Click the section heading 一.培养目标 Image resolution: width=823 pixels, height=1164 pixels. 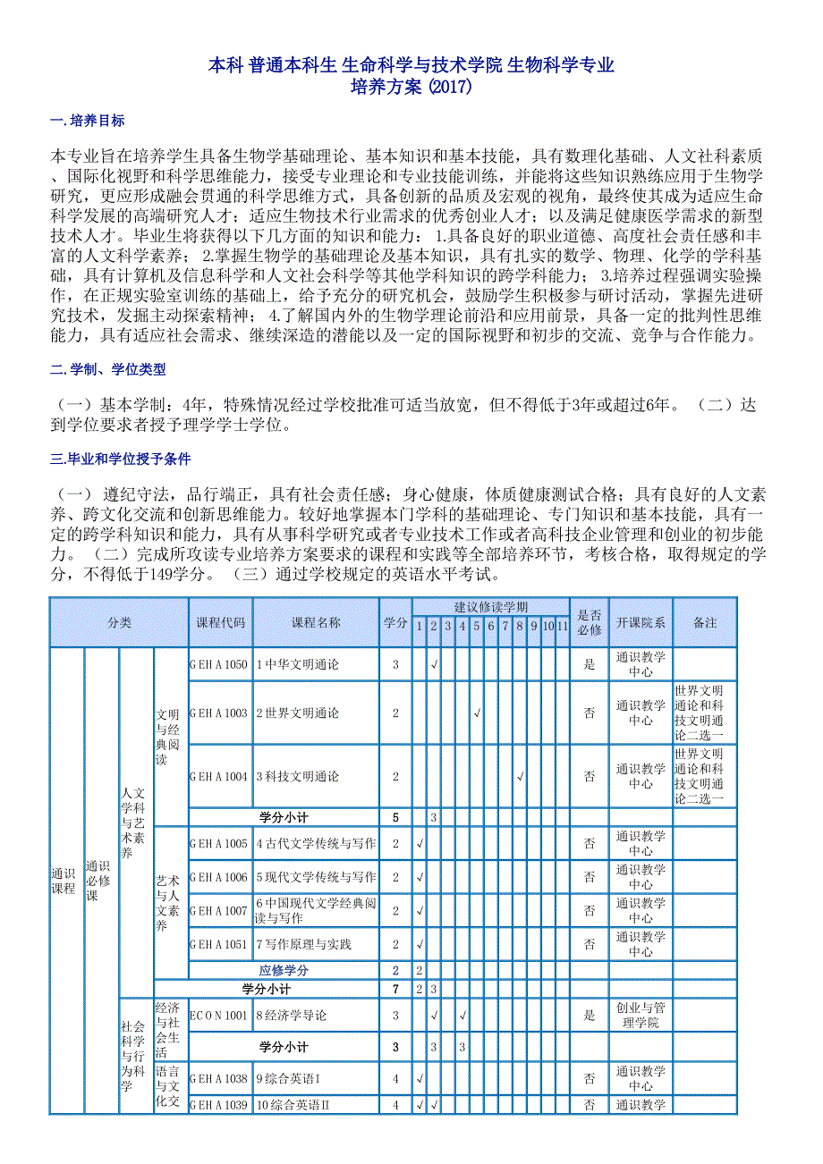tap(88, 121)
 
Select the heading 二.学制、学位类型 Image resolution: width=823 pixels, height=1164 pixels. tap(107, 368)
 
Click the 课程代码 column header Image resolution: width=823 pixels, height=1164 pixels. tap(220, 623)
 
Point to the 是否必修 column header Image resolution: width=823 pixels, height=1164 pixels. tap(589, 623)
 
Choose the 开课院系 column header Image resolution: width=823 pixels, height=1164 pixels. tap(641, 623)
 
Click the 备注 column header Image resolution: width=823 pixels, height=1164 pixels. tap(705, 623)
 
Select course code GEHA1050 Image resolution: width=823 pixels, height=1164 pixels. tap(219, 665)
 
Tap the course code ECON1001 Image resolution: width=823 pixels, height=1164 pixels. tap(219, 1016)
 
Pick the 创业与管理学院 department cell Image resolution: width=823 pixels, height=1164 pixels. tap(641, 1016)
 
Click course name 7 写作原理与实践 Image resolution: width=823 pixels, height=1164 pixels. tap(304, 944)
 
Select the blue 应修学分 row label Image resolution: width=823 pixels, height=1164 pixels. tap(284, 970)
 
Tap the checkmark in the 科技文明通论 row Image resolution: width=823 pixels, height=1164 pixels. tap(519, 776)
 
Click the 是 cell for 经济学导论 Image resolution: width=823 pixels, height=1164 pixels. tap(589, 1016)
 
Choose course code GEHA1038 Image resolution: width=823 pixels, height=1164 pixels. tap(219, 1079)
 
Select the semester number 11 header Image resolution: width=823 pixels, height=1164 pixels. tap(562, 626)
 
